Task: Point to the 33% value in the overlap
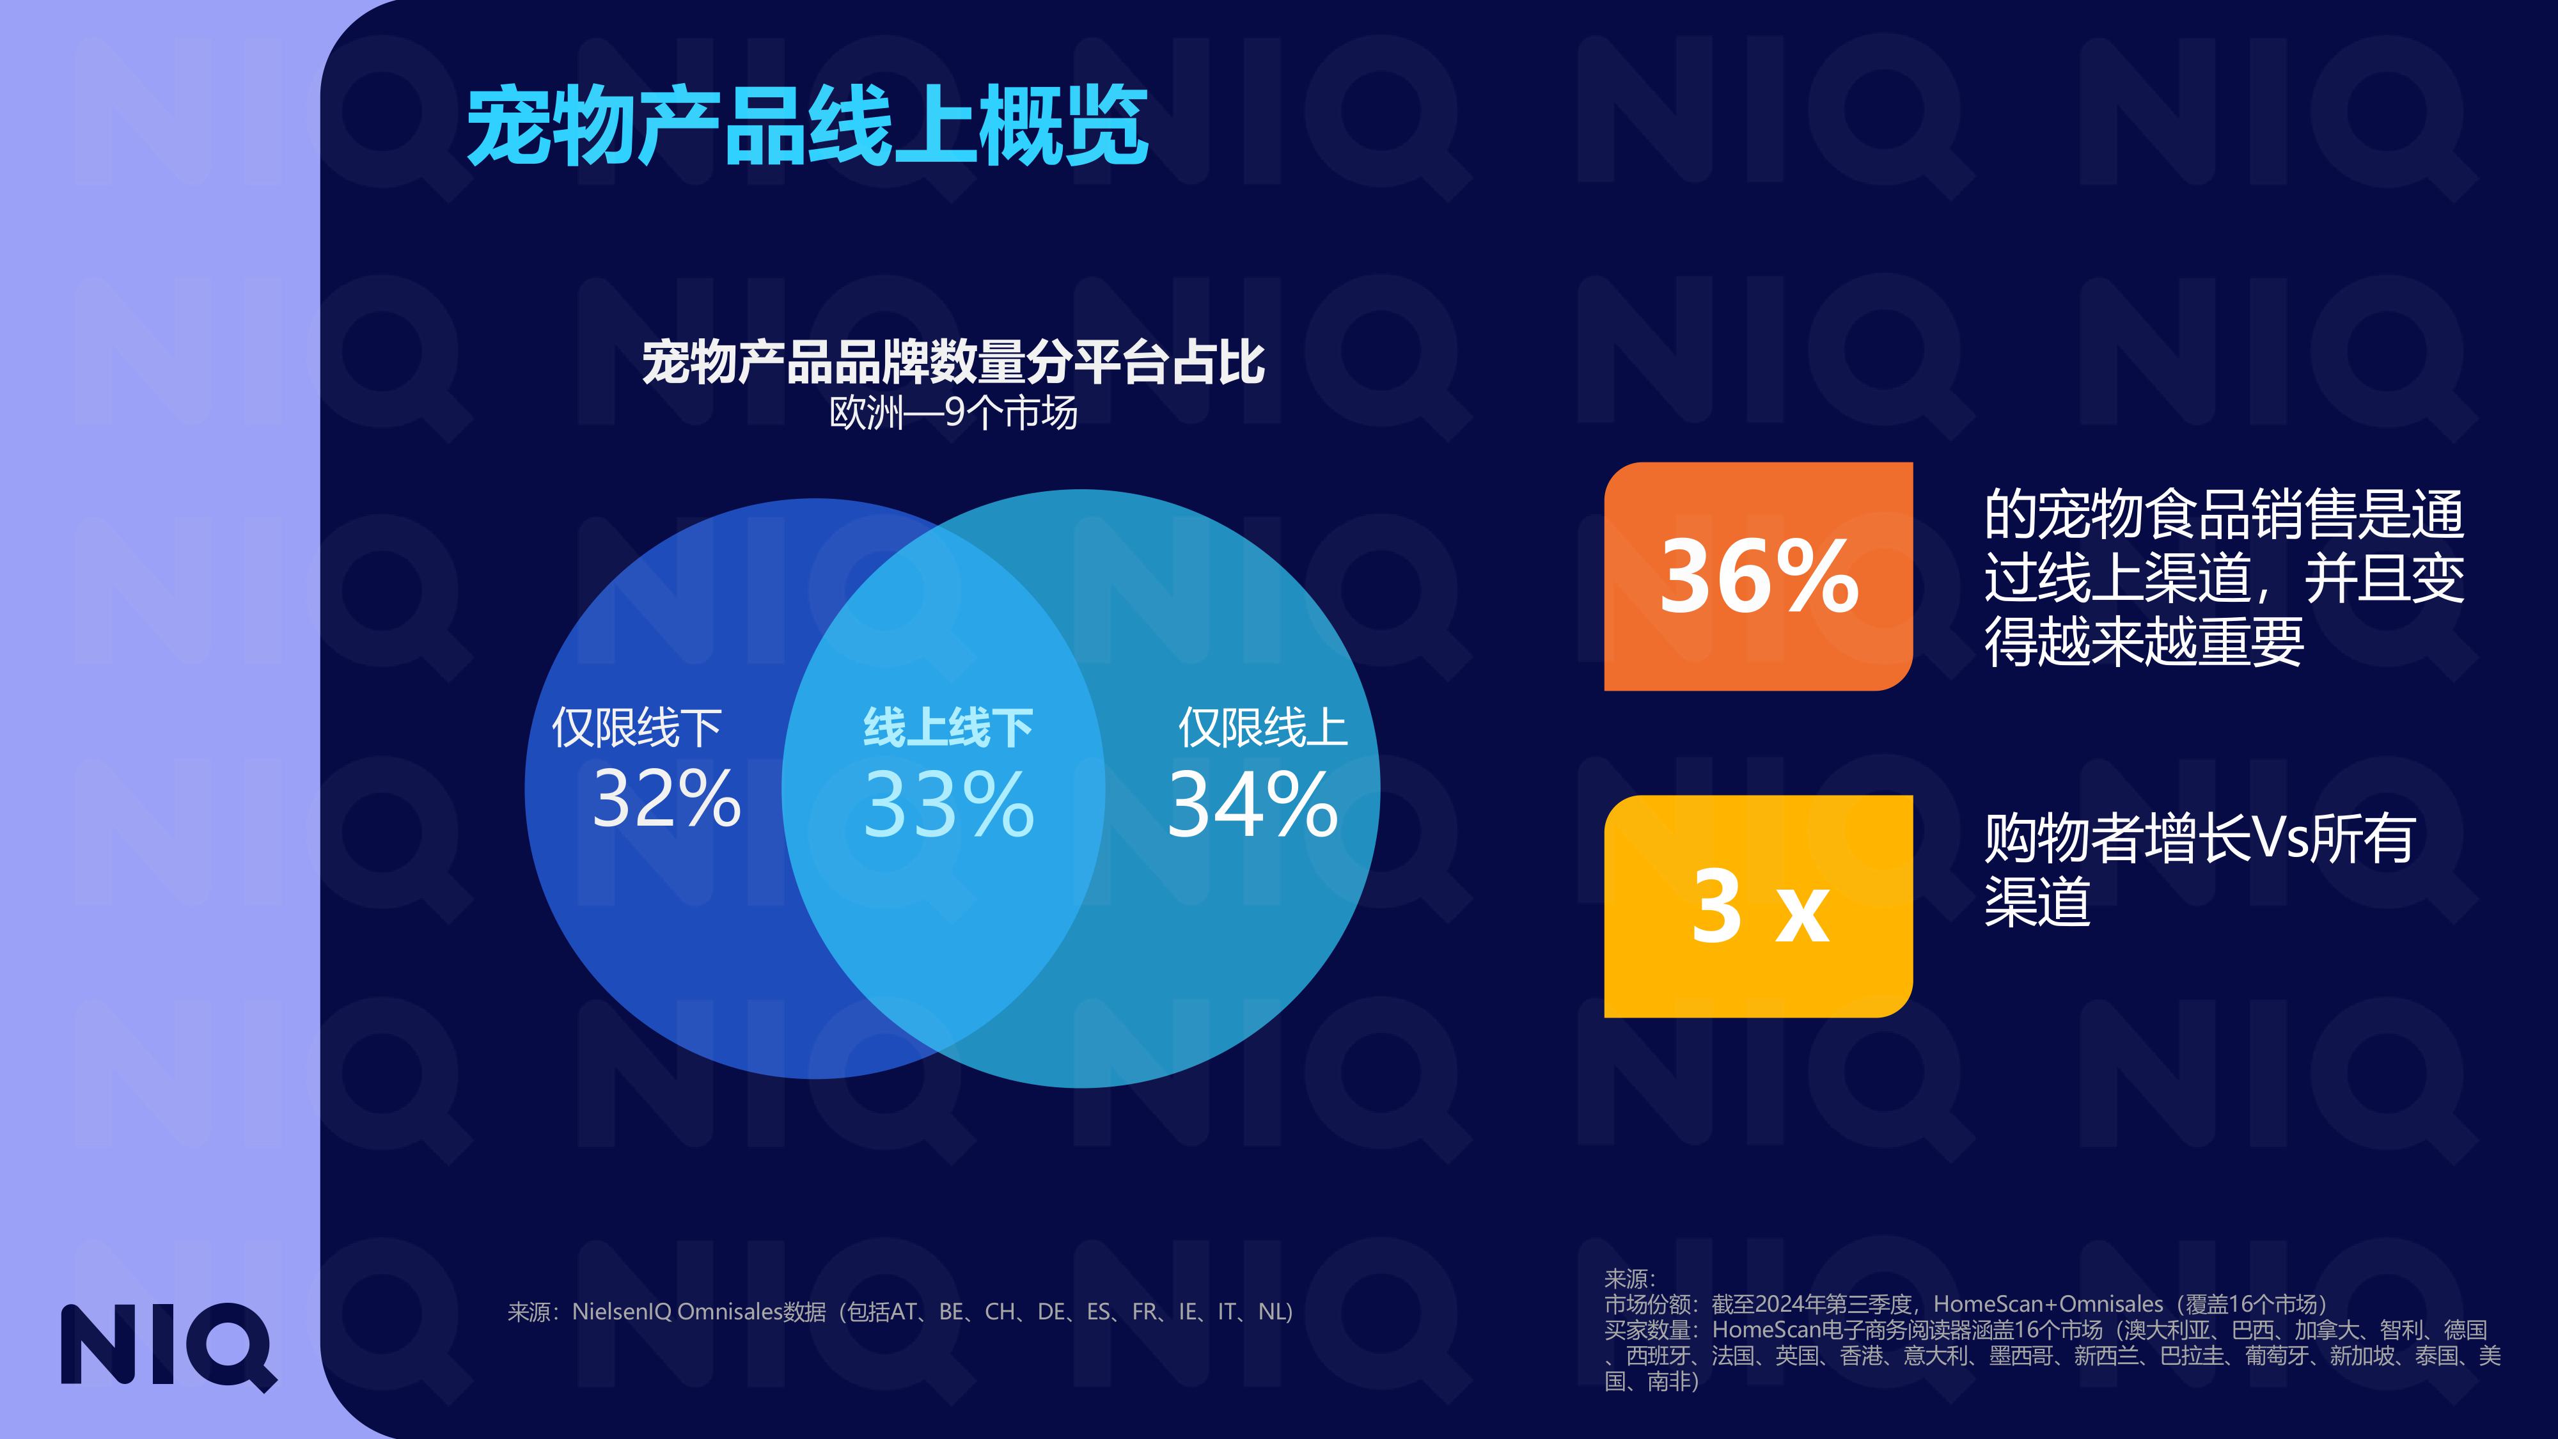[x=948, y=805]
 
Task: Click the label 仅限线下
[x=636, y=728]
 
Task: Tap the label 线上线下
[x=948, y=728]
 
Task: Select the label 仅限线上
[x=1262, y=728]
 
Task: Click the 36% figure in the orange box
[x=1759, y=577]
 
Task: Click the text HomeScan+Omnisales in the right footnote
[x=2048, y=1304]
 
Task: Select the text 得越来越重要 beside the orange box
[x=2143, y=643]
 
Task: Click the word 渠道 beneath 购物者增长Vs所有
[x=2037, y=902]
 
